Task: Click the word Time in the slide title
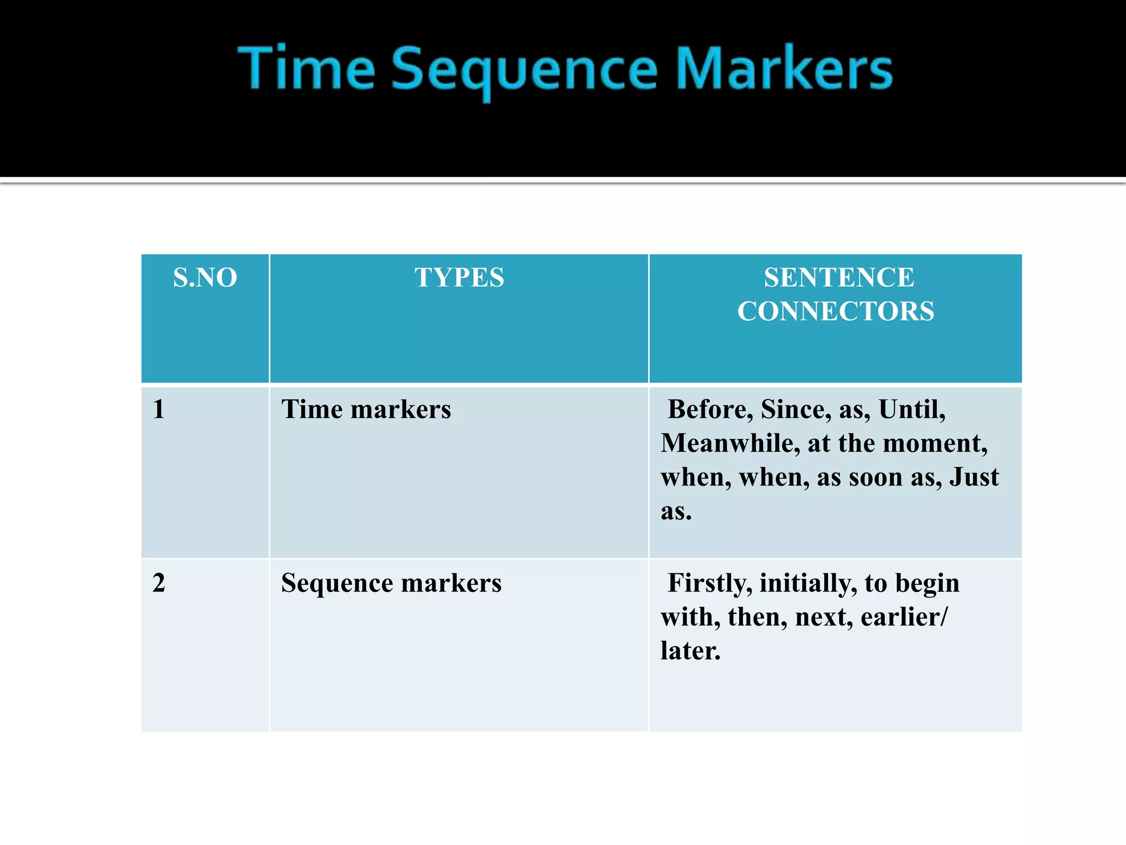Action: (x=306, y=68)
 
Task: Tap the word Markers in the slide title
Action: (x=784, y=68)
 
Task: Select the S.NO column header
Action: (x=205, y=277)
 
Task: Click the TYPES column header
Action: (x=459, y=277)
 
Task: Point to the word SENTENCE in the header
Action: (x=839, y=277)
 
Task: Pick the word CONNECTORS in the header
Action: (x=836, y=311)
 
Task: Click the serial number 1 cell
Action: (x=159, y=409)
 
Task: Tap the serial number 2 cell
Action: (x=159, y=583)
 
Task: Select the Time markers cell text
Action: (x=366, y=409)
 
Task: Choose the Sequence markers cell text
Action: (x=391, y=583)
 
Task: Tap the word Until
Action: (x=912, y=409)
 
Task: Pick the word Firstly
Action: (x=709, y=583)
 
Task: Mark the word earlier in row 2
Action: (x=900, y=617)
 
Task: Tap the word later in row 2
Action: (x=690, y=651)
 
